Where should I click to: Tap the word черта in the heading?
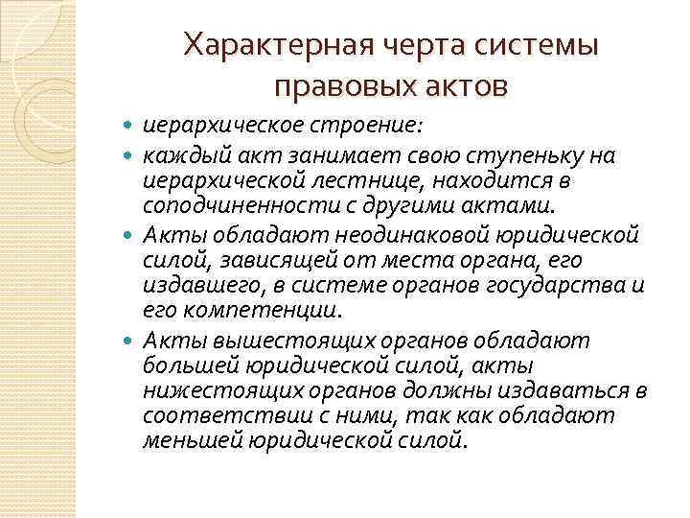coord(395,45)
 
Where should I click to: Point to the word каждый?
coord(174,155)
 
